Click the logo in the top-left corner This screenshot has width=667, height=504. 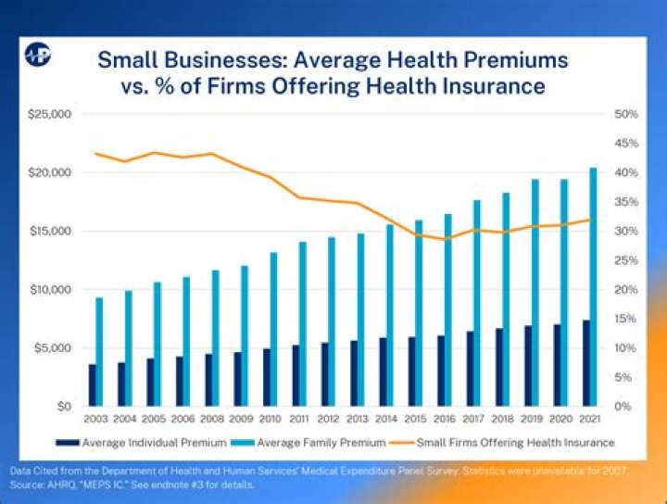coord(38,55)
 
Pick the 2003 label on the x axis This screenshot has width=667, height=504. coord(96,420)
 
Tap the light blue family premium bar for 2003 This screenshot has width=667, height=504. coord(100,352)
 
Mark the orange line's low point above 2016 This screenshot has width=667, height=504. coord(447,239)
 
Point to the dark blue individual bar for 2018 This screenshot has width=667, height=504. coord(499,367)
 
